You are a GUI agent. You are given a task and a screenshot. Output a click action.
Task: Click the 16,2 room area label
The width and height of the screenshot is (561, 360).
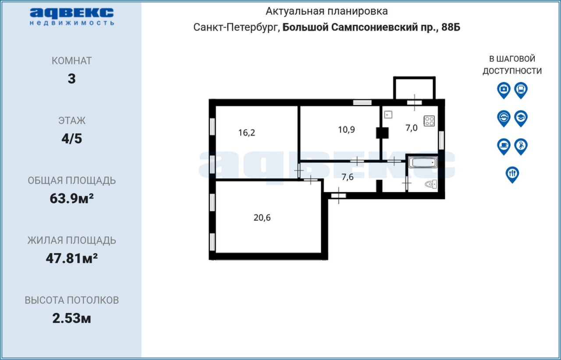point(247,133)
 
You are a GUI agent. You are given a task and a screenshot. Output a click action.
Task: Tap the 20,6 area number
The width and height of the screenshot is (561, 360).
point(262,218)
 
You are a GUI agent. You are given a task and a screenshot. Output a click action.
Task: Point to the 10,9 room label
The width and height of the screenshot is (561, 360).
point(346,130)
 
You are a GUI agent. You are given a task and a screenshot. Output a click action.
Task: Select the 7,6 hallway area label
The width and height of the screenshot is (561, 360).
point(348,177)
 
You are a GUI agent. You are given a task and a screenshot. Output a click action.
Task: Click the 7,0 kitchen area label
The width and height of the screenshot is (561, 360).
point(412,128)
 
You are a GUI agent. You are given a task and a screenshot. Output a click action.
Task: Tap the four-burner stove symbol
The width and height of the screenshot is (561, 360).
point(429,121)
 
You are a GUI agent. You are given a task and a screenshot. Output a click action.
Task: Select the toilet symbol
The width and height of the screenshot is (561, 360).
point(431,184)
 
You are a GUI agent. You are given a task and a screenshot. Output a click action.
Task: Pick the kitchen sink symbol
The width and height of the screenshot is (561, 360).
point(388,115)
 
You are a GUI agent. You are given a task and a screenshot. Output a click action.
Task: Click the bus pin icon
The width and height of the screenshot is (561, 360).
point(521,90)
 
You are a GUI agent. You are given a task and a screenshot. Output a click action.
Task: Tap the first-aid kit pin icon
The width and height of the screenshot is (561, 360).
point(504,90)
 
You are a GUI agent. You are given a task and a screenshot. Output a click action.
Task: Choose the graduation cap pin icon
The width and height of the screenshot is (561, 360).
point(521,118)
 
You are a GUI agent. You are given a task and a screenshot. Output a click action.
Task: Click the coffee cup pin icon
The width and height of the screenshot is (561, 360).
point(504,146)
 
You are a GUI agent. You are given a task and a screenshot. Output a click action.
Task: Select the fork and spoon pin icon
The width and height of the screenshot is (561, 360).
point(512,174)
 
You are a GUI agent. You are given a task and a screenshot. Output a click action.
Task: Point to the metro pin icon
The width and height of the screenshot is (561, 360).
point(504,118)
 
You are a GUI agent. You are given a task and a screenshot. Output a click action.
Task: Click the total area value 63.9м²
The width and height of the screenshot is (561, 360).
point(71,198)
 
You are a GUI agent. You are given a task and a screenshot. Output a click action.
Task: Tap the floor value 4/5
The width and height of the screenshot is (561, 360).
point(71,139)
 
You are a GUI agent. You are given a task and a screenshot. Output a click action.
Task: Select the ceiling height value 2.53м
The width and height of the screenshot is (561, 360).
point(71,318)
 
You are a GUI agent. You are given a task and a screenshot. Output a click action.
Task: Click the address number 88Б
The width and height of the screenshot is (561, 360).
point(451,27)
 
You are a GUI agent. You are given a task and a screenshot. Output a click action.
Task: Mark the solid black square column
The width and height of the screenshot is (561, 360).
point(382,133)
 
